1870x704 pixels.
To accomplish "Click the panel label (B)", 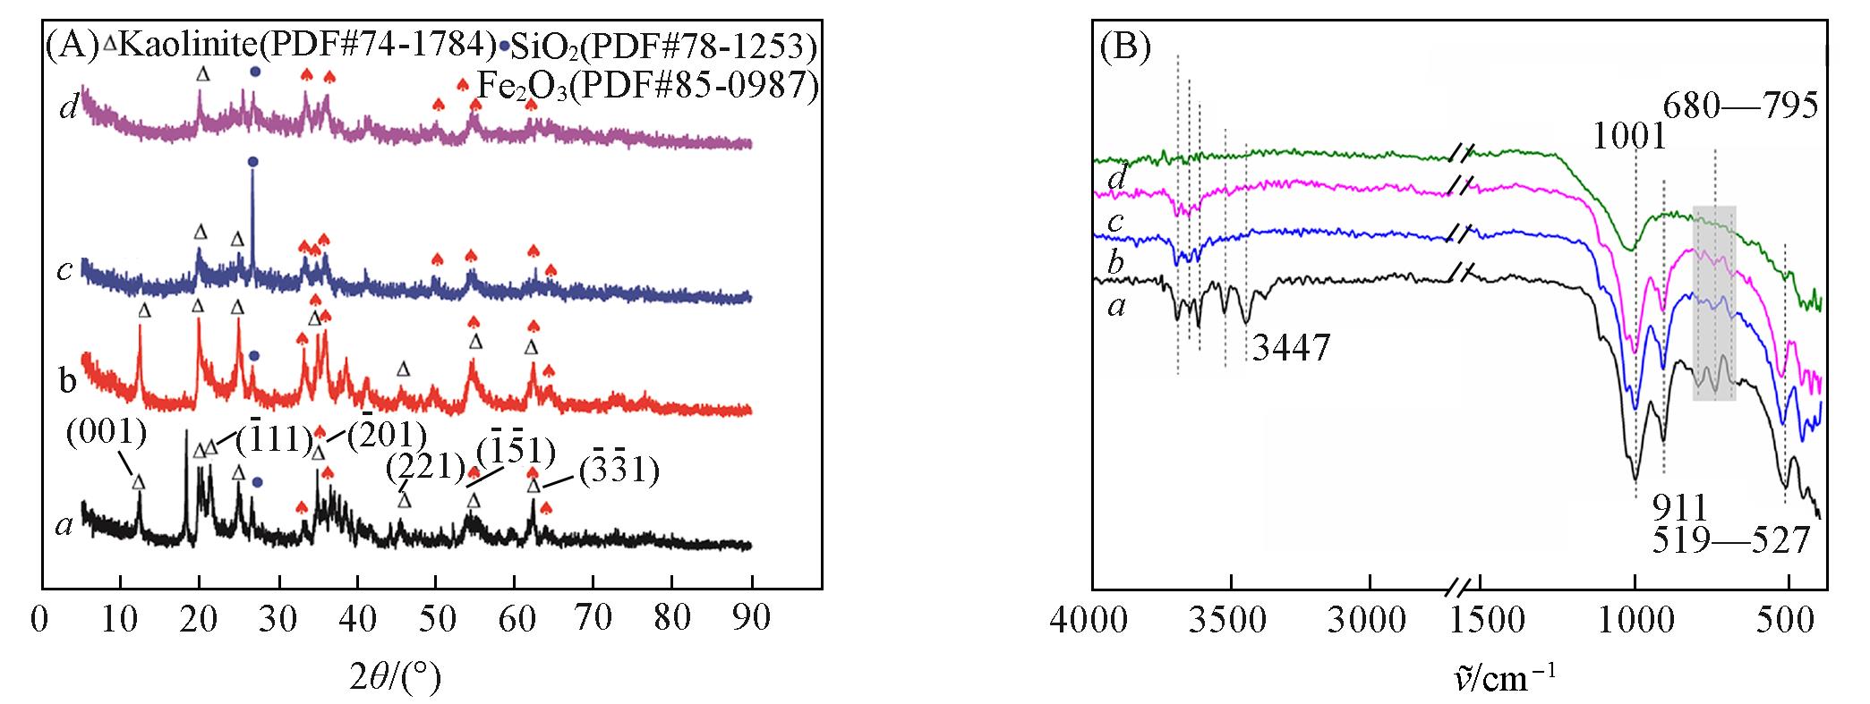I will coord(1123,47).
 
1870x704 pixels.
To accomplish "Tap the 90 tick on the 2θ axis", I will coord(752,619).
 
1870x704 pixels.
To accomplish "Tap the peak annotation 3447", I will coord(1290,348).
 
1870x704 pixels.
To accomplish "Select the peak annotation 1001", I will coord(1629,137).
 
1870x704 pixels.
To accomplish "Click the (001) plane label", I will coord(106,435).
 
